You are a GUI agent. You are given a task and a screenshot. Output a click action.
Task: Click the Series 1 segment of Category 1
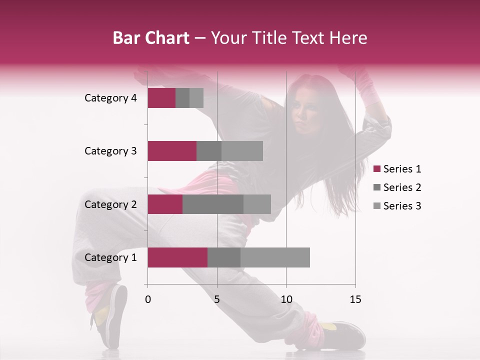click(x=177, y=257)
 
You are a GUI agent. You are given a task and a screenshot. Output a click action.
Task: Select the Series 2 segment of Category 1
click(x=224, y=257)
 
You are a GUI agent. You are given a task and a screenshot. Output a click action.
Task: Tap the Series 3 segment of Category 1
click(x=275, y=257)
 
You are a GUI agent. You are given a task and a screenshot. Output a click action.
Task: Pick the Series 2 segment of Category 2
click(x=213, y=204)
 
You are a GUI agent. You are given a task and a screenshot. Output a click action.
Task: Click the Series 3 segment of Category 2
click(x=257, y=204)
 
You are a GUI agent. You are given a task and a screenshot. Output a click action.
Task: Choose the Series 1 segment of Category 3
click(x=172, y=151)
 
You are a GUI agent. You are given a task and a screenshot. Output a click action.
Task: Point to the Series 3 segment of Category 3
click(x=242, y=151)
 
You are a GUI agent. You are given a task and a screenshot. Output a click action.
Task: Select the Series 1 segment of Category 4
click(x=161, y=98)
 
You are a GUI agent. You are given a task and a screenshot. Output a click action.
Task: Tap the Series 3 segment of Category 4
click(x=196, y=98)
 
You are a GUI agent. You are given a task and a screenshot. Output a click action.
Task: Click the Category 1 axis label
click(x=110, y=257)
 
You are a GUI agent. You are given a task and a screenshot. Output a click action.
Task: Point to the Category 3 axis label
click(x=110, y=151)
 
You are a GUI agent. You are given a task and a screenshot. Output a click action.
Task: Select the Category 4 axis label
click(x=110, y=98)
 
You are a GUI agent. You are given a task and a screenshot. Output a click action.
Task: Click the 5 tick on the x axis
click(x=217, y=299)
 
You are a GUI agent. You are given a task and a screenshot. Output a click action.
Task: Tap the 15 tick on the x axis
click(x=355, y=299)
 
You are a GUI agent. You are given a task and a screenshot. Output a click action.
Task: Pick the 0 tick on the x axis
click(x=148, y=299)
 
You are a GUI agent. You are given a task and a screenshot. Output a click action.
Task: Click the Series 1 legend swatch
click(x=376, y=169)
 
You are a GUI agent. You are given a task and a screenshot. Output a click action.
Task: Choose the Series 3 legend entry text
click(x=402, y=206)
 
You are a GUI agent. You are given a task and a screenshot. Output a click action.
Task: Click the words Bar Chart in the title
click(x=151, y=38)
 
